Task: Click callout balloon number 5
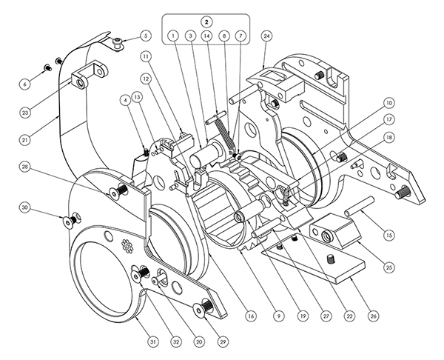coord(146,36)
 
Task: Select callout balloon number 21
coord(25,139)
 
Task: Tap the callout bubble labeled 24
coord(266,36)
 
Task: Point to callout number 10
coord(389,103)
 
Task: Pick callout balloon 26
coord(374,316)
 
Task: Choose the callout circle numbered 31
coord(153,342)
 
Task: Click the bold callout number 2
coord(206,21)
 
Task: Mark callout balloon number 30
coord(25,208)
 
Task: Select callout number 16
coord(251,316)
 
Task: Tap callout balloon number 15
coord(389,235)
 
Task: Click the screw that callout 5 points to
coord(117,44)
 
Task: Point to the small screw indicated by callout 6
coord(47,67)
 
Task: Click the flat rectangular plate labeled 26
coord(313,259)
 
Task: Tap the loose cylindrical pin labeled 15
coord(360,207)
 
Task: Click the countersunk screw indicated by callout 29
coord(202,307)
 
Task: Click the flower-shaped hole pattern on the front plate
coord(128,246)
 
